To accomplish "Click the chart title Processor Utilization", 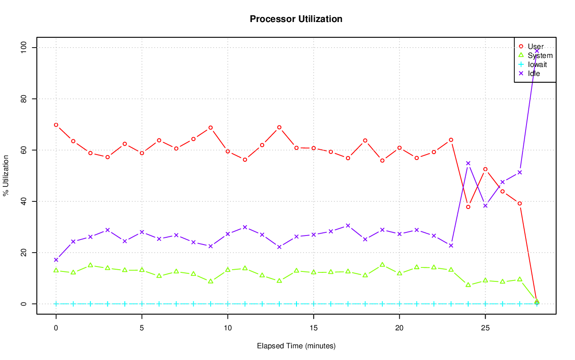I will click(x=296, y=19).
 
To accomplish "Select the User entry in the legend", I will click(x=535, y=46).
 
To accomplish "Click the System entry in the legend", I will click(x=540, y=55).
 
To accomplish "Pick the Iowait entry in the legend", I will click(x=537, y=64).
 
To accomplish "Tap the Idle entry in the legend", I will click(x=534, y=73).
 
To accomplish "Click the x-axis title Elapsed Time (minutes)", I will click(x=296, y=346).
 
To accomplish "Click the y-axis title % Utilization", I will click(x=6, y=175).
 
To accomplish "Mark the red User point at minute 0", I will click(x=56, y=125).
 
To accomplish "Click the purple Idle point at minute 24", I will click(x=468, y=163).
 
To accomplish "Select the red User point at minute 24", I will click(x=468, y=207).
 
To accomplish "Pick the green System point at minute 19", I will click(x=382, y=265).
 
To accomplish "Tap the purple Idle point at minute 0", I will click(x=56, y=260).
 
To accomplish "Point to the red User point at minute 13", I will click(x=279, y=127).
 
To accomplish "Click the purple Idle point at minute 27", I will click(x=520, y=172).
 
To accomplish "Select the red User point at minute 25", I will click(x=485, y=169).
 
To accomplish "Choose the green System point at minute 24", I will click(x=468, y=285).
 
